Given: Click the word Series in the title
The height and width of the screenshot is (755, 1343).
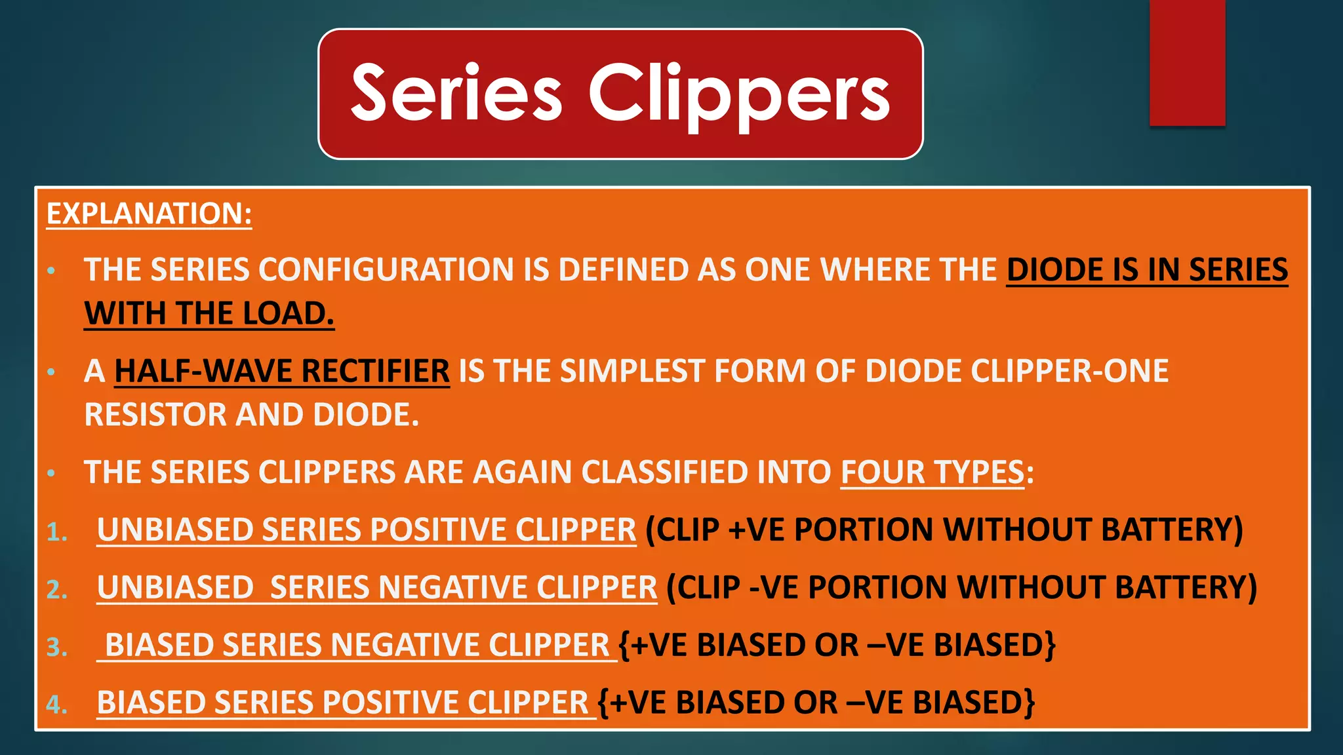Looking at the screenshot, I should pyautogui.click(x=456, y=93).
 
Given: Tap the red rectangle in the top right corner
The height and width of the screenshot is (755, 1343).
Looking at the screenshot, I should pyautogui.click(x=1187, y=62).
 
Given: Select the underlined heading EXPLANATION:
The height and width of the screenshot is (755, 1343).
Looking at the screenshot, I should pyautogui.click(x=149, y=214).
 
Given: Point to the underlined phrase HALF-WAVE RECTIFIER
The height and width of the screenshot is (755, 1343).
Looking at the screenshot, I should pyautogui.click(x=282, y=371).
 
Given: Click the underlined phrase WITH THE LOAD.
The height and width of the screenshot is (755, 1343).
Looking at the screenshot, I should pyautogui.click(x=209, y=313).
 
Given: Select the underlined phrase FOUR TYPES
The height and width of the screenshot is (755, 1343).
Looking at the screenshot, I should pyautogui.click(x=932, y=472).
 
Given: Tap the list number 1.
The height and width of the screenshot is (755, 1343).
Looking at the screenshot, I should pyautogui.click(x=57, y=532).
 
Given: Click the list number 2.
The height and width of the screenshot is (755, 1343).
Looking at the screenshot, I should pyautogui.click(x=57, y=589).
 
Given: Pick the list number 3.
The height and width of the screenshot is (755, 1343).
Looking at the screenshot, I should pyautogui.click(x=57, y=647).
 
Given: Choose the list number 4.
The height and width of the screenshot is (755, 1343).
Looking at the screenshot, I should pyautogui.click(x=57, y=705).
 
